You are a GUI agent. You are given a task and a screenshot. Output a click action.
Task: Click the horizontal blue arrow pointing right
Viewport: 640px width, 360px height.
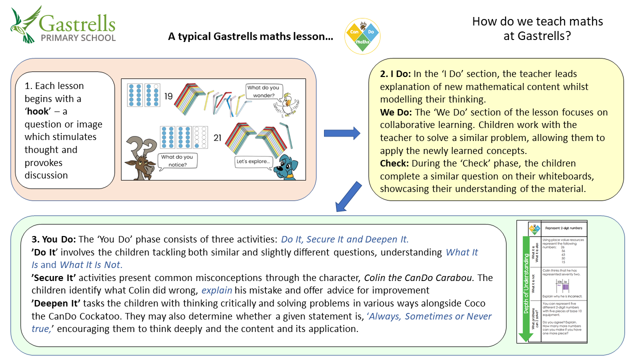click(x=342, y=133)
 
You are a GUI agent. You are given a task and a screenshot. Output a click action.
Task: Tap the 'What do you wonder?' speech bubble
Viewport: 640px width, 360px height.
click(x=260, y=91)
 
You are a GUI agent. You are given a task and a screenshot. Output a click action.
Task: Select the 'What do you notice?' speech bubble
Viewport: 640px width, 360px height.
click(x=176, y=160)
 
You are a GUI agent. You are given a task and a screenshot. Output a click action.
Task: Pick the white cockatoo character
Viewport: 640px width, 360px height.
click(x=286, y=104)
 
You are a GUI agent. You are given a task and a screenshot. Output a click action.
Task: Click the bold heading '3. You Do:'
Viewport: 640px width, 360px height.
click(x=54, y=239)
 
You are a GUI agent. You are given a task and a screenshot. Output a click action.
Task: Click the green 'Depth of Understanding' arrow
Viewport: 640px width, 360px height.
click(x=525, y=290)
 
